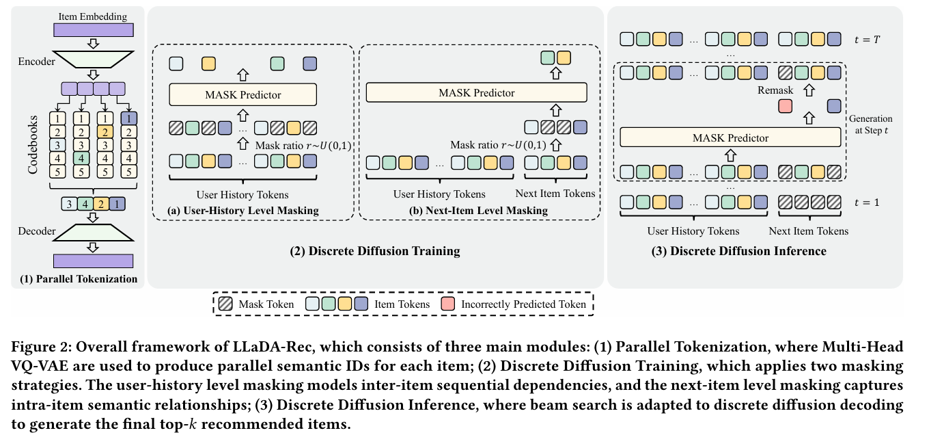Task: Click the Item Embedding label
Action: pos(93,16)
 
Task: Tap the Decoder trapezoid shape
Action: pos(93,233)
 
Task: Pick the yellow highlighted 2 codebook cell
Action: pos(105,131)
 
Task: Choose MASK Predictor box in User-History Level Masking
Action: pos(242,94)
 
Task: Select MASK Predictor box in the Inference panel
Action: pos(730,137)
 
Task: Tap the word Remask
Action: pos(775,90)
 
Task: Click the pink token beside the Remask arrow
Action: pos(785,106)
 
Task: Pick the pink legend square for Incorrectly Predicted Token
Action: pos(449,304)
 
